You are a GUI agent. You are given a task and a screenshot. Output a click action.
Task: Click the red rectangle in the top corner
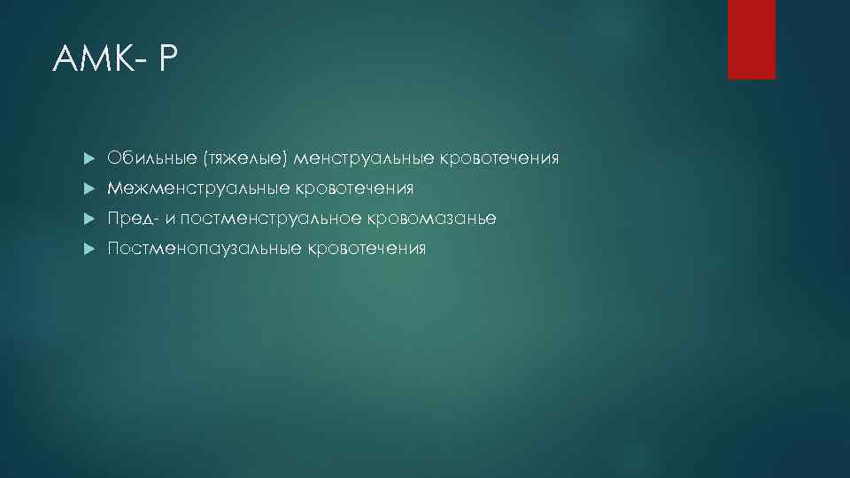751,39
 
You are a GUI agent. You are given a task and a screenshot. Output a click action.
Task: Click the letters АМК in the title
92,60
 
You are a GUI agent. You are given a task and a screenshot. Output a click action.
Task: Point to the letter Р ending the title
169,60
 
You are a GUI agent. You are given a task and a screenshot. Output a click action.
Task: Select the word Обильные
152,159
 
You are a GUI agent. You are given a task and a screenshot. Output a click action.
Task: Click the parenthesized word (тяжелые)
245,159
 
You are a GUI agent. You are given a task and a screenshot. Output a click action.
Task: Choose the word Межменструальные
197,189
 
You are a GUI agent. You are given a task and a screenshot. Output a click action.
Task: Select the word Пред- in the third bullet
132,219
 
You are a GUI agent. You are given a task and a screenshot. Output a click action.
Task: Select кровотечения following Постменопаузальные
367,249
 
